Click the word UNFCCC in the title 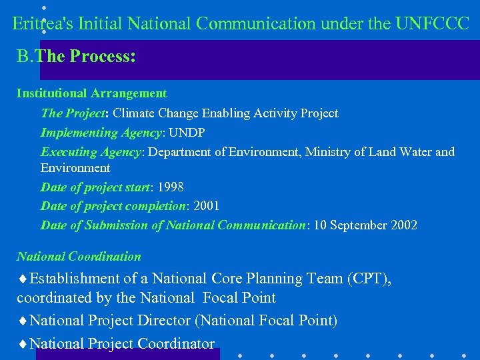[432, 24]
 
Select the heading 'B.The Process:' [76, 56]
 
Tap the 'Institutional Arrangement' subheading [91, 93]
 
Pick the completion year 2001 [205, 206]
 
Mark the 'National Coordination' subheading [79, 257]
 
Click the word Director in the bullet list [164, 321]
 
